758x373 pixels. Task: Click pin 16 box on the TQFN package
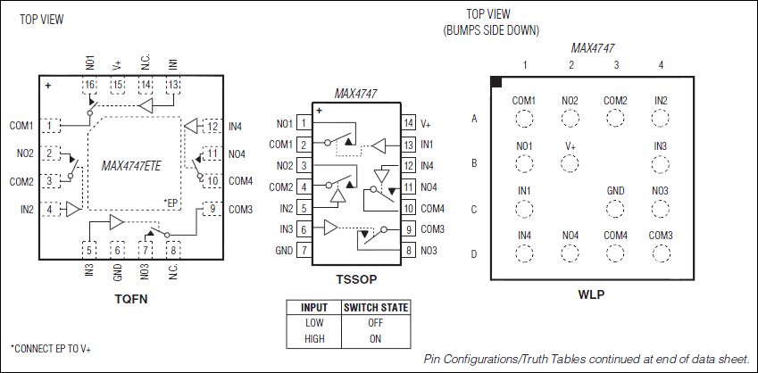(90, 85)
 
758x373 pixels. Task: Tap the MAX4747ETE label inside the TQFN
(131, 165)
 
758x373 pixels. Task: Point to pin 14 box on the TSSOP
(409, 124)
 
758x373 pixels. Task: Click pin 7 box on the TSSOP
(304, 250)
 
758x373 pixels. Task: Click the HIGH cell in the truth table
(313, 338)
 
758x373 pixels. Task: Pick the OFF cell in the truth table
(375, 323)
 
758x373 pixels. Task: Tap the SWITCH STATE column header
(375, 308)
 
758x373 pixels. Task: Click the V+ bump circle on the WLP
(571, 163)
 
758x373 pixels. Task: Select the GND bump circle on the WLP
(615, 209)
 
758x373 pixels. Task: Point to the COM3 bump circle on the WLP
(661, 253)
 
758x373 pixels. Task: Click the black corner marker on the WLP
(496, 82)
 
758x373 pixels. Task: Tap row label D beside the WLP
(475, 254)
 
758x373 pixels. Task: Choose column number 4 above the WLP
(661, 65)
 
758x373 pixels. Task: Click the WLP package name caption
(591, 294)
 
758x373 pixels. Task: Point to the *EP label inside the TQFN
(171, 204)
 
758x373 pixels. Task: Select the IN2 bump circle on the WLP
(661, 118)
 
